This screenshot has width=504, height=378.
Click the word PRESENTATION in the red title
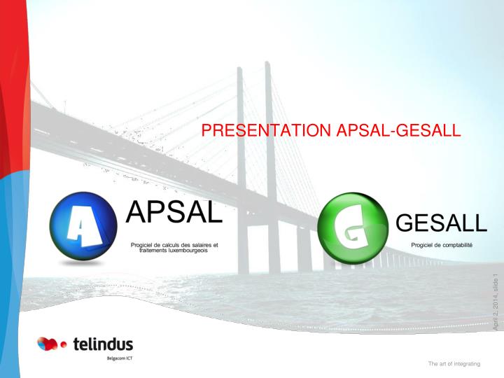(266, 130)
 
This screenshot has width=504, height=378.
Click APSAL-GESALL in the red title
(398, 130)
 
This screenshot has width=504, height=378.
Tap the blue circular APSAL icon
(83, 226)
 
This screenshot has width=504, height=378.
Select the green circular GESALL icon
(353, 228)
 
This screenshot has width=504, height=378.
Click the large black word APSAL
(174, 212)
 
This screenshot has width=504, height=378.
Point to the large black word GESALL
(441, 223)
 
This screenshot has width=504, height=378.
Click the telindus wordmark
(103, 344)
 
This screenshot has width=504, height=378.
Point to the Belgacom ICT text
(120, 358)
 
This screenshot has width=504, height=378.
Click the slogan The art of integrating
(454, 364)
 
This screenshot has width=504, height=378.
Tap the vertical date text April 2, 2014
(496, 309)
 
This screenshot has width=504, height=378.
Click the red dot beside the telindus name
(64, 344)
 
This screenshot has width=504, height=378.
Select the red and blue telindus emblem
(48, 344)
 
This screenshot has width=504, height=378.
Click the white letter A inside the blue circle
(84, 225)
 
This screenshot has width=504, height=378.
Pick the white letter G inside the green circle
(351, 227)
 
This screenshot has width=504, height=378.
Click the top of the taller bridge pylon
(267, 63)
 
